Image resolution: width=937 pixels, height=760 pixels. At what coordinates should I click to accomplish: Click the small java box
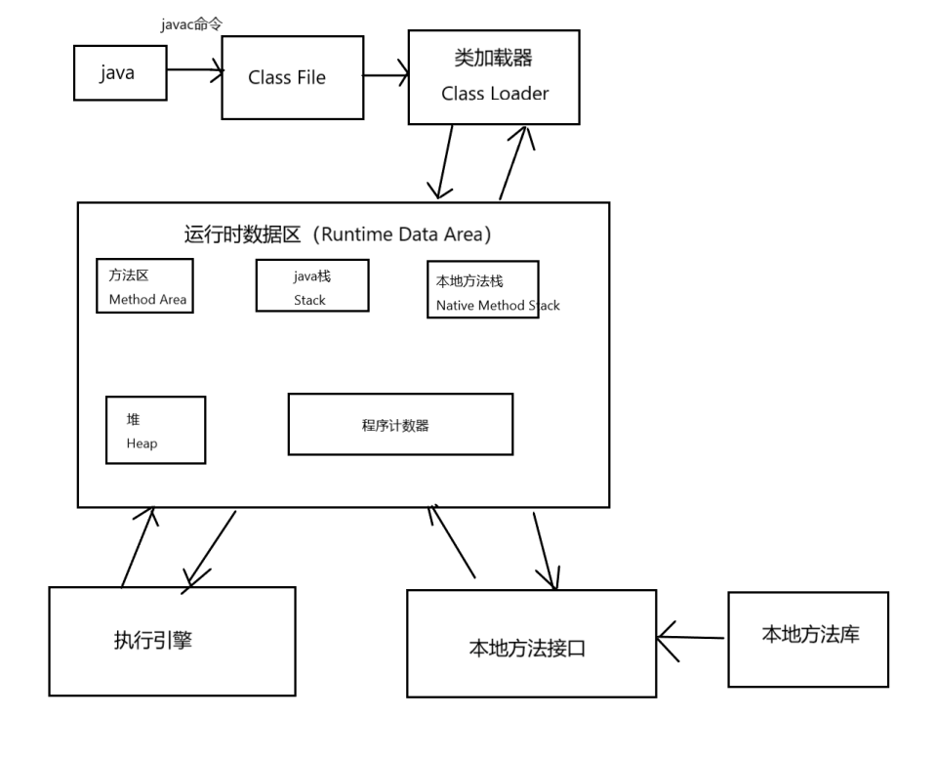119,73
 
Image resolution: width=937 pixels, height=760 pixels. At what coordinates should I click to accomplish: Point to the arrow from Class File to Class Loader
386,75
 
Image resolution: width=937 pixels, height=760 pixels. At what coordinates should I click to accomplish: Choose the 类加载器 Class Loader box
494,77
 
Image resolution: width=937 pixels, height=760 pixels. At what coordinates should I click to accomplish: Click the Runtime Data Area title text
337,234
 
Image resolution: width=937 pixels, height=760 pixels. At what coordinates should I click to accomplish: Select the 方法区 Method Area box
144,285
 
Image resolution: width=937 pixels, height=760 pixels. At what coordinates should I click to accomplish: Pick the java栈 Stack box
312,285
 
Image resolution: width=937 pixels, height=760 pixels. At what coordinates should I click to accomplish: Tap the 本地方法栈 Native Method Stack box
483,289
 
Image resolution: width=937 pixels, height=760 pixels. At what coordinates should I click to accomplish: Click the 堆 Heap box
155,430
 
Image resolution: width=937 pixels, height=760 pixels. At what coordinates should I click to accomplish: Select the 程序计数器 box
400,425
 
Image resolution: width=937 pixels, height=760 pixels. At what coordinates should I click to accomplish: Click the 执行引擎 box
172,641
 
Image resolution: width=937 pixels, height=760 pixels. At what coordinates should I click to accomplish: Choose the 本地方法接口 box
531,644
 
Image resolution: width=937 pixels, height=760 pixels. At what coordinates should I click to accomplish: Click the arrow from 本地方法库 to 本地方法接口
692,637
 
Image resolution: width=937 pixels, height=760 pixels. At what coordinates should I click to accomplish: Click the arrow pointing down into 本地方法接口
545,550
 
